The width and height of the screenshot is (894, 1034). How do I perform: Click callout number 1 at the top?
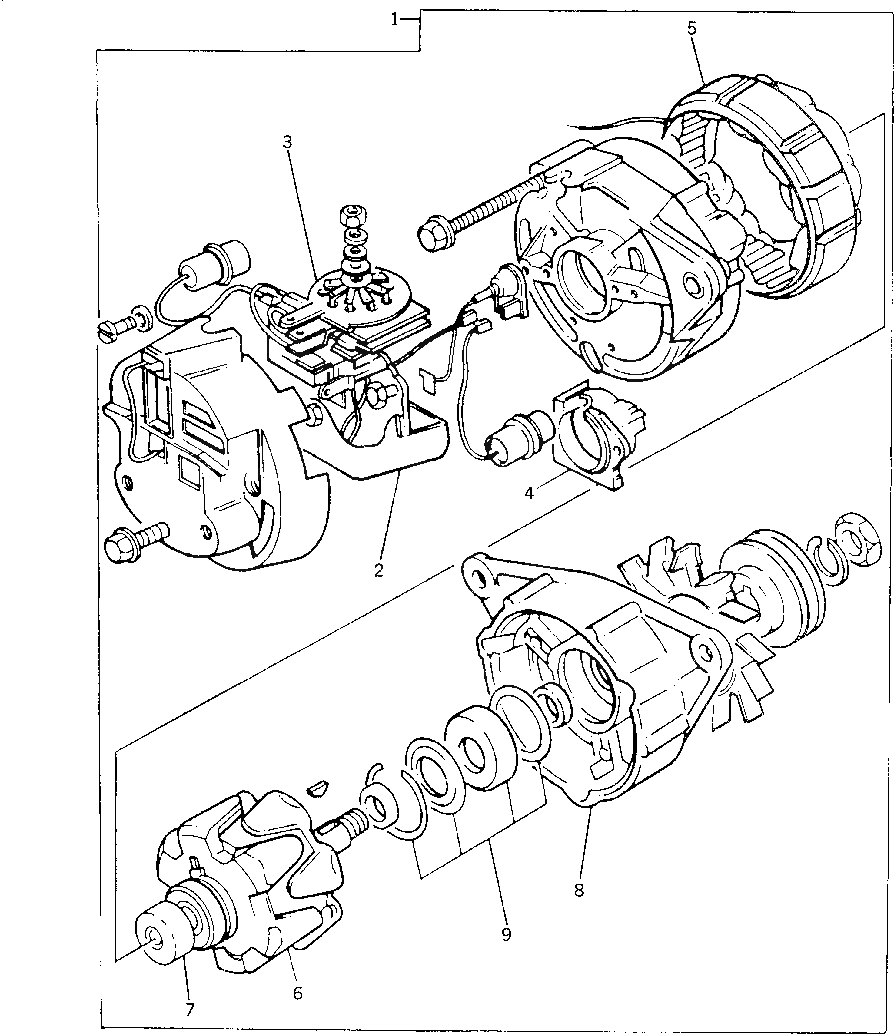pyautogui.click(x=394, y=21)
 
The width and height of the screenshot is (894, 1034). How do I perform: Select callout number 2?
pyautogui.click(x=379, y=570)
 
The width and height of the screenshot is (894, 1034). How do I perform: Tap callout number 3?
pyautogui.click(x=287, y=143)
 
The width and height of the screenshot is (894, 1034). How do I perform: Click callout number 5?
pyautogui.click(x=692, y=28)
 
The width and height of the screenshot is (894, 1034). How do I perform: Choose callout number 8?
pyautogui.click(x=579, y=890)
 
